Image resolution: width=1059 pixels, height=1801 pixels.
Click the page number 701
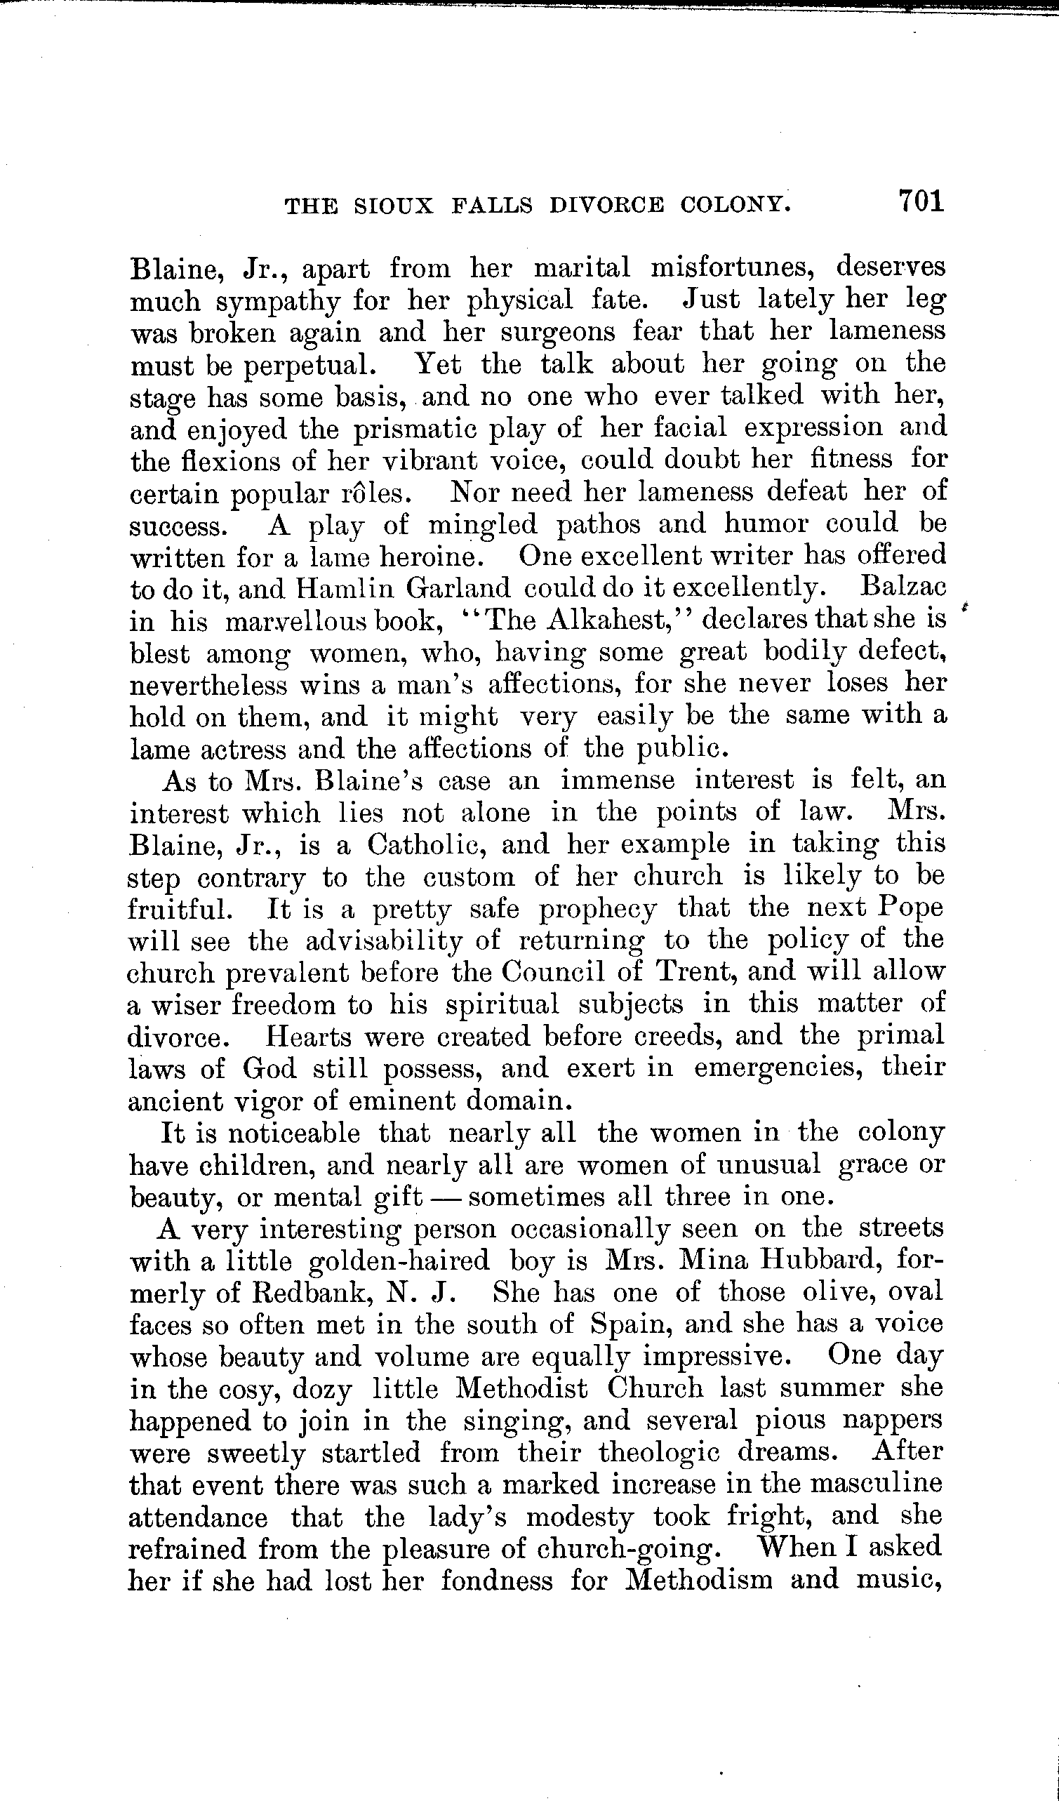pyautogui.click(x=922, y=200)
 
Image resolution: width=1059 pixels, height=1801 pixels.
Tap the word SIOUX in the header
pyautogui.click(x=394, y=206)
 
